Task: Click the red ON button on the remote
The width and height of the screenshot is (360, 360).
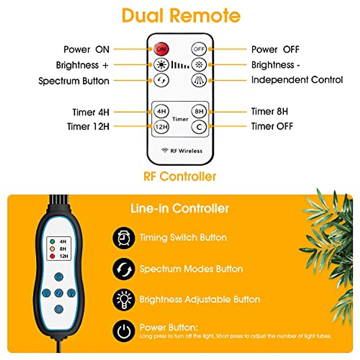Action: (x=161, y=49)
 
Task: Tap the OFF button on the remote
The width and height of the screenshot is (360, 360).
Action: (x=199, y=49)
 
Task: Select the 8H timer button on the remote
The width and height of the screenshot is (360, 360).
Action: (x=199, y=112)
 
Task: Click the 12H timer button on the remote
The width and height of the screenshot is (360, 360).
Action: (x=161, y=127)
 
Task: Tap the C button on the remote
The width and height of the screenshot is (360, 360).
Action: (x=199, y=127)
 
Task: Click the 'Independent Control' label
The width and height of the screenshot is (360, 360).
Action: (x=297, y=80)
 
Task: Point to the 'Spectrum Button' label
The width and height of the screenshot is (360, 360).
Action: (x=74, y=81)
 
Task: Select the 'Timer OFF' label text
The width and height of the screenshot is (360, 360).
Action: (x=272, y=126)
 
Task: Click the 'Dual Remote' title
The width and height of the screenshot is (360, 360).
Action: (x=181, y=16)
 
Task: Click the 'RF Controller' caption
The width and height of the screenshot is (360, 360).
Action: (x=180, y=176)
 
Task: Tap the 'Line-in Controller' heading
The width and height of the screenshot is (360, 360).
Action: (x=180, y=208)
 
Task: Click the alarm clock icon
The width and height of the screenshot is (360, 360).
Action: (x=123, y=238)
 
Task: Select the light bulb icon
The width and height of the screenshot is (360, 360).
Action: (x=123, y=299)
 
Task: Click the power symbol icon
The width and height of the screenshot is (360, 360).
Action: (x=123, y=331)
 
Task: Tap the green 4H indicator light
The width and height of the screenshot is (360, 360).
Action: (x=52, y=241)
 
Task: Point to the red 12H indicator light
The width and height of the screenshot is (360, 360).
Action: (x=52, y=256)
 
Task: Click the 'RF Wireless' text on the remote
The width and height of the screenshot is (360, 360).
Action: (x=186, y=151)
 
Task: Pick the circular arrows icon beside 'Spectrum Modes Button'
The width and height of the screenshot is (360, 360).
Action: (x=123, y=269)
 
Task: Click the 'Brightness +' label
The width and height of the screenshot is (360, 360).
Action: (x=82, y=65)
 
